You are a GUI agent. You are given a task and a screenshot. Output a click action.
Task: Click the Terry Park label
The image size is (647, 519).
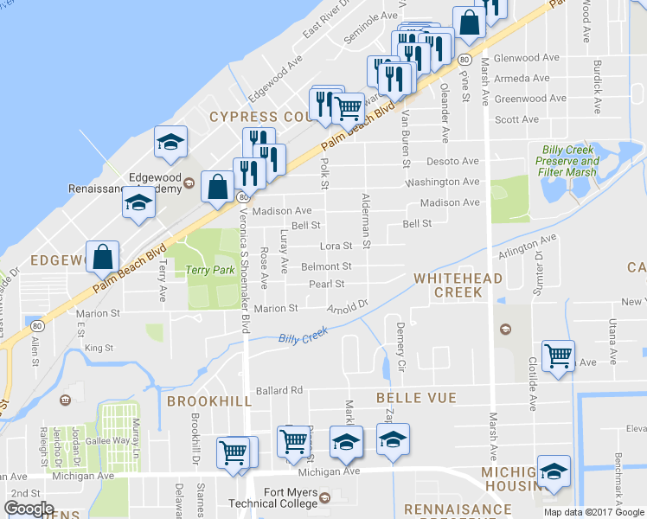(204, 270)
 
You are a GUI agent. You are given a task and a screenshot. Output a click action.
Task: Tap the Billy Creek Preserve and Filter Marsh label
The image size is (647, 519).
(567, 161)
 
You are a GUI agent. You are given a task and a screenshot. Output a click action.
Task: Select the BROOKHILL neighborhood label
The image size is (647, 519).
(209, 401)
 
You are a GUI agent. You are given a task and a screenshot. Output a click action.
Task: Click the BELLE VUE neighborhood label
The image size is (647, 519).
(409, 397)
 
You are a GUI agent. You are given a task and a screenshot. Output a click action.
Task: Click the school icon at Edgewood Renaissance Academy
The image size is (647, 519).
(138, 203)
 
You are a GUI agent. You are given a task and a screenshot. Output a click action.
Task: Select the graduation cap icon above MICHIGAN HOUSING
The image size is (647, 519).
(553, 471)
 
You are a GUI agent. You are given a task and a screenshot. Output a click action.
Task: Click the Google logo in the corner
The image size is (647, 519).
(29, 509)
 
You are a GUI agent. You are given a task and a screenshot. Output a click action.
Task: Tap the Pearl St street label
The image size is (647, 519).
(327, 284)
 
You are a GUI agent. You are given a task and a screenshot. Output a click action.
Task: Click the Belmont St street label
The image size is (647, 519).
(326, 266)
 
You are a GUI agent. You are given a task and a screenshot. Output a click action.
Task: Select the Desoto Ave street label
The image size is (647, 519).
(452, 162)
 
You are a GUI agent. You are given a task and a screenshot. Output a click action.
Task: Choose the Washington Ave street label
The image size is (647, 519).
(442, 183)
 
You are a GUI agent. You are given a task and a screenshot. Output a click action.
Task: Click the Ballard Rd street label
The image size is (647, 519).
(279, 390)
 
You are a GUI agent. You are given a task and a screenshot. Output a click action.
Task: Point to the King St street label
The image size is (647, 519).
(99, 348)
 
